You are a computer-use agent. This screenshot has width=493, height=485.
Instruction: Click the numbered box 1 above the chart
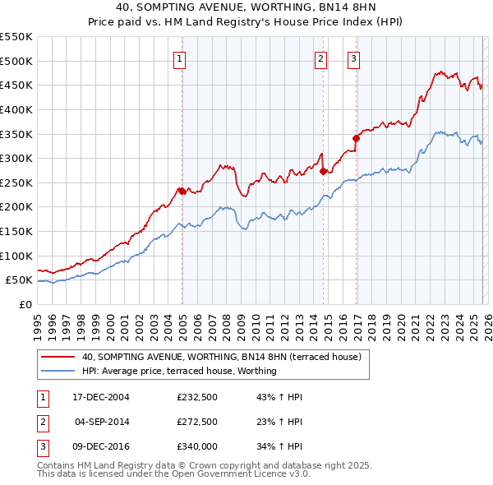[x=179, y=58]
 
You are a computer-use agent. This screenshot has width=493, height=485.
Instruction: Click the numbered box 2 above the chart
[x=320, y=58]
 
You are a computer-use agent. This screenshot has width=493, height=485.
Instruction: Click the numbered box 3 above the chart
[x=353, y=58]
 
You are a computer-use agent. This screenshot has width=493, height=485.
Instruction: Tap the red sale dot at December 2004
[x=181, y=191]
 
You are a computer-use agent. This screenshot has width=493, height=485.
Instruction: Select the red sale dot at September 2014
[x=323, y=171]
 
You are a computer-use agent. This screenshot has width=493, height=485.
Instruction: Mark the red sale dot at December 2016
[x=356, y=138]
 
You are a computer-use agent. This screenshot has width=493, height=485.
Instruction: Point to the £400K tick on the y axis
[x=16, y=109]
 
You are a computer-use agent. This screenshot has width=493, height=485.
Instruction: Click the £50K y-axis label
[x=20, y=280]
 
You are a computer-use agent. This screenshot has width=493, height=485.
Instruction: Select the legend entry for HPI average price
[x=178, y=371]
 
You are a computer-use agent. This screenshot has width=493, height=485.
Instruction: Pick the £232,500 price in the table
[x=197, y=397]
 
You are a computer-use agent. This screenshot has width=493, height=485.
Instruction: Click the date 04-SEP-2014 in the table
[x=102, y=421]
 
